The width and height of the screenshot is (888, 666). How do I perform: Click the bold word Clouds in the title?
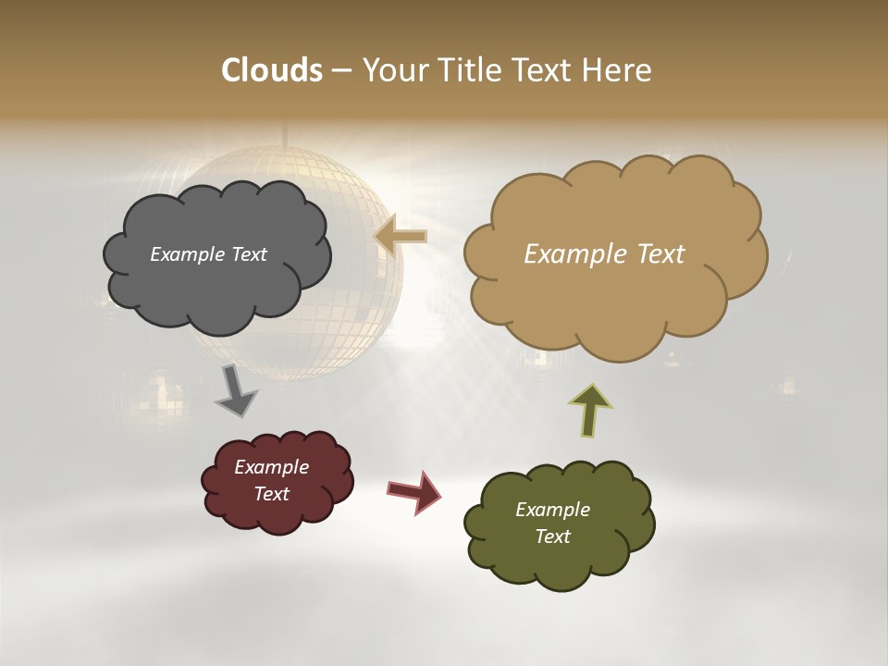click(x=271, y=70)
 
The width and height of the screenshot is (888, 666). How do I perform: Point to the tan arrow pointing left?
click(x=401, y=236)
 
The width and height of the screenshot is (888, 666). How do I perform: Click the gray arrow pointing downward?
click(x=235, y=391)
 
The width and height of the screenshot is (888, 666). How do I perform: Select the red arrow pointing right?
click(x=413, y=491)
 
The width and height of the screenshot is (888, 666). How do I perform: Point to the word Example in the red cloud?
click(x=271, y=467)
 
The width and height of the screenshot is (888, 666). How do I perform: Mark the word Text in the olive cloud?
click(x=552, y=536)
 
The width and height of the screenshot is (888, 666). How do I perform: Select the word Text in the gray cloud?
click(x=248, y=254)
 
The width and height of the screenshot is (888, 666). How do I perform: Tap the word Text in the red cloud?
click(x=271, y=494)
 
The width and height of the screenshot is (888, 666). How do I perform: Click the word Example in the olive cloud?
click(x=552, y=510)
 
